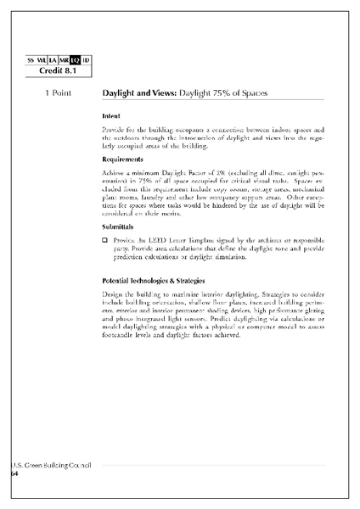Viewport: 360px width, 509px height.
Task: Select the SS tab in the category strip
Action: coord(31,59)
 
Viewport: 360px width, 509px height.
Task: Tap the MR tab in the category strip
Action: coord(64,59)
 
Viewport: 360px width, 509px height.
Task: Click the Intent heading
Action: coord(110,115)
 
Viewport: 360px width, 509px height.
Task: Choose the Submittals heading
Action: coord(119,227)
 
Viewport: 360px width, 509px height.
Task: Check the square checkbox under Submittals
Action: coord(104,242)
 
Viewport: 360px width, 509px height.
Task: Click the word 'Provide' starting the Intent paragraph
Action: coord(115,129)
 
